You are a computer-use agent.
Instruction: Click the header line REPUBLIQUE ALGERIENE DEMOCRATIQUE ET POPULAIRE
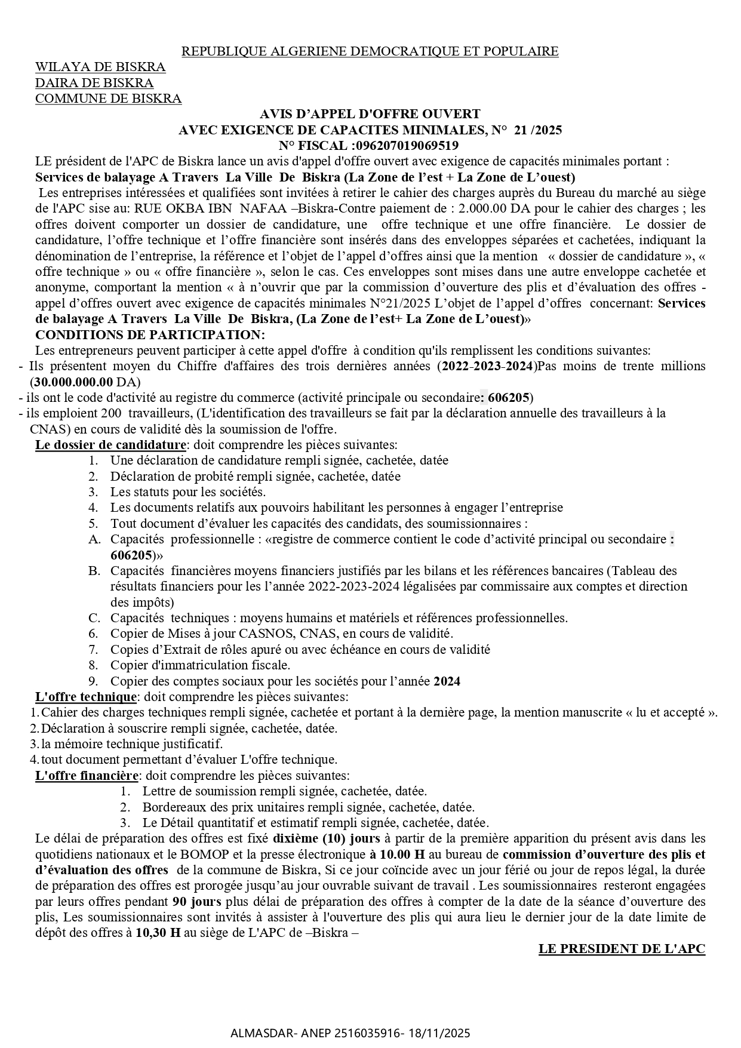tap(370, 51)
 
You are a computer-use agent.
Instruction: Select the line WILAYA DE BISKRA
tap(100, 67)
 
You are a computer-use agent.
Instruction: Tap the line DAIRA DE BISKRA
tap(94, 83)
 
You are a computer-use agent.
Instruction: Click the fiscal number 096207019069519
tap(407, 146)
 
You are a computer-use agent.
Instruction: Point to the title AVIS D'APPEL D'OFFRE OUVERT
tap(370, 114)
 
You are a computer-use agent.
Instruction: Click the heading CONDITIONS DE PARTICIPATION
tap(150, 334)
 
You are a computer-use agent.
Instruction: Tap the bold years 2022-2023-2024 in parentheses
tap(486, 366)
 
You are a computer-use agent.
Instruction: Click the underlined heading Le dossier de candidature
tap(111, 445)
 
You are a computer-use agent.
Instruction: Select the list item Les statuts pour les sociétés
tap(188, 492)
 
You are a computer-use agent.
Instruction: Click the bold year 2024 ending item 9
tap(447, 681)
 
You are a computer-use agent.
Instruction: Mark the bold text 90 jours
tap(197, 902)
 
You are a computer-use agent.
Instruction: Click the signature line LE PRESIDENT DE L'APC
tap(622, 949)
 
